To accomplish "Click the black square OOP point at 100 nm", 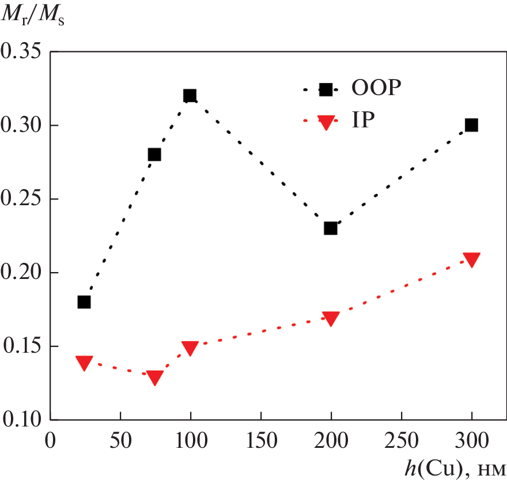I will tap(190, 96).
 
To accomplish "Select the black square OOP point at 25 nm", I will tap(84, 302).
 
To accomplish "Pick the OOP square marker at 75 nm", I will tap(154, 154).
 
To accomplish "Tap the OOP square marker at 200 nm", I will tap(331, 228).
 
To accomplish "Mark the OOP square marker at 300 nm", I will tap(472, 125).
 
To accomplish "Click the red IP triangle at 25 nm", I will tap(84, 363).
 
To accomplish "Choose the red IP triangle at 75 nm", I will tap(154, 378).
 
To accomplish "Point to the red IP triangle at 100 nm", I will tap(190, 348).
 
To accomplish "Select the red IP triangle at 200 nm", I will tap(331, 318).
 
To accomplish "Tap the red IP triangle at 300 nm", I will tap(472, 259).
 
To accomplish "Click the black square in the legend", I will tap(326, 89).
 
